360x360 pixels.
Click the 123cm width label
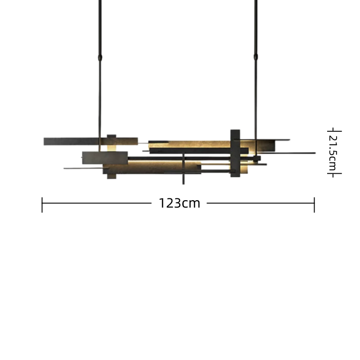coord(179,203)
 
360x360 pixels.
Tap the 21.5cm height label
coord(333,153)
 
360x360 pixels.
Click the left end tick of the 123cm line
coord(42,205)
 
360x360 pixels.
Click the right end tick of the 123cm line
coord(314,205)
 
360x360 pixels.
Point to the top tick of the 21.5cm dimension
coord(334,131)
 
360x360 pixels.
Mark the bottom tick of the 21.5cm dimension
coord(334,174)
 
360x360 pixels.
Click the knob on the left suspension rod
coord(100,58)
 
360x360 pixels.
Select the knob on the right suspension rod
coord(256,57)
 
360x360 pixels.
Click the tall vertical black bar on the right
coord(235,153)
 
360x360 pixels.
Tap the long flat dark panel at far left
coord(91,141)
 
